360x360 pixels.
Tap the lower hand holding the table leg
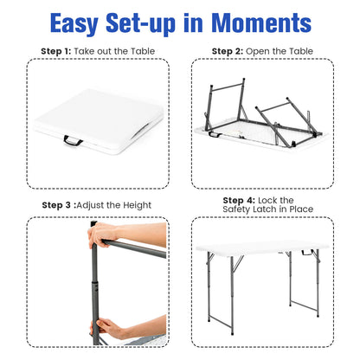(x=112, y=326)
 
